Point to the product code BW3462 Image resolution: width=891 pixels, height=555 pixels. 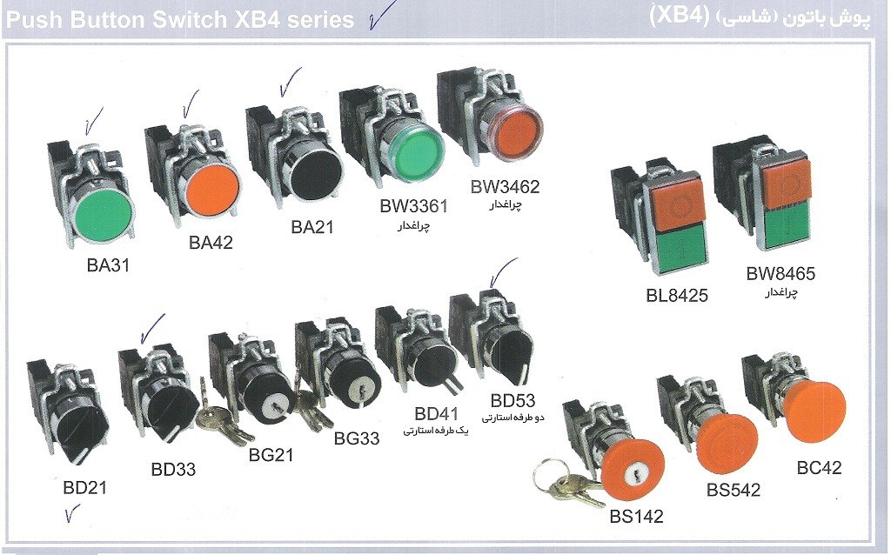[505, 186]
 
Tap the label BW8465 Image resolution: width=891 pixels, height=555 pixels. [780, 274]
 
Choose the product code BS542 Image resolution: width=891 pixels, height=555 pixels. [733, 490]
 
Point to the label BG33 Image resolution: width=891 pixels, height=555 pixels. [357, 438]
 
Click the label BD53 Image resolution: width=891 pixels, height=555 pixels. [512, 401]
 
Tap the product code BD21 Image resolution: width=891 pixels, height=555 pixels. [85, 487]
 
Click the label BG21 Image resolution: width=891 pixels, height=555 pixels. [271, 454]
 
